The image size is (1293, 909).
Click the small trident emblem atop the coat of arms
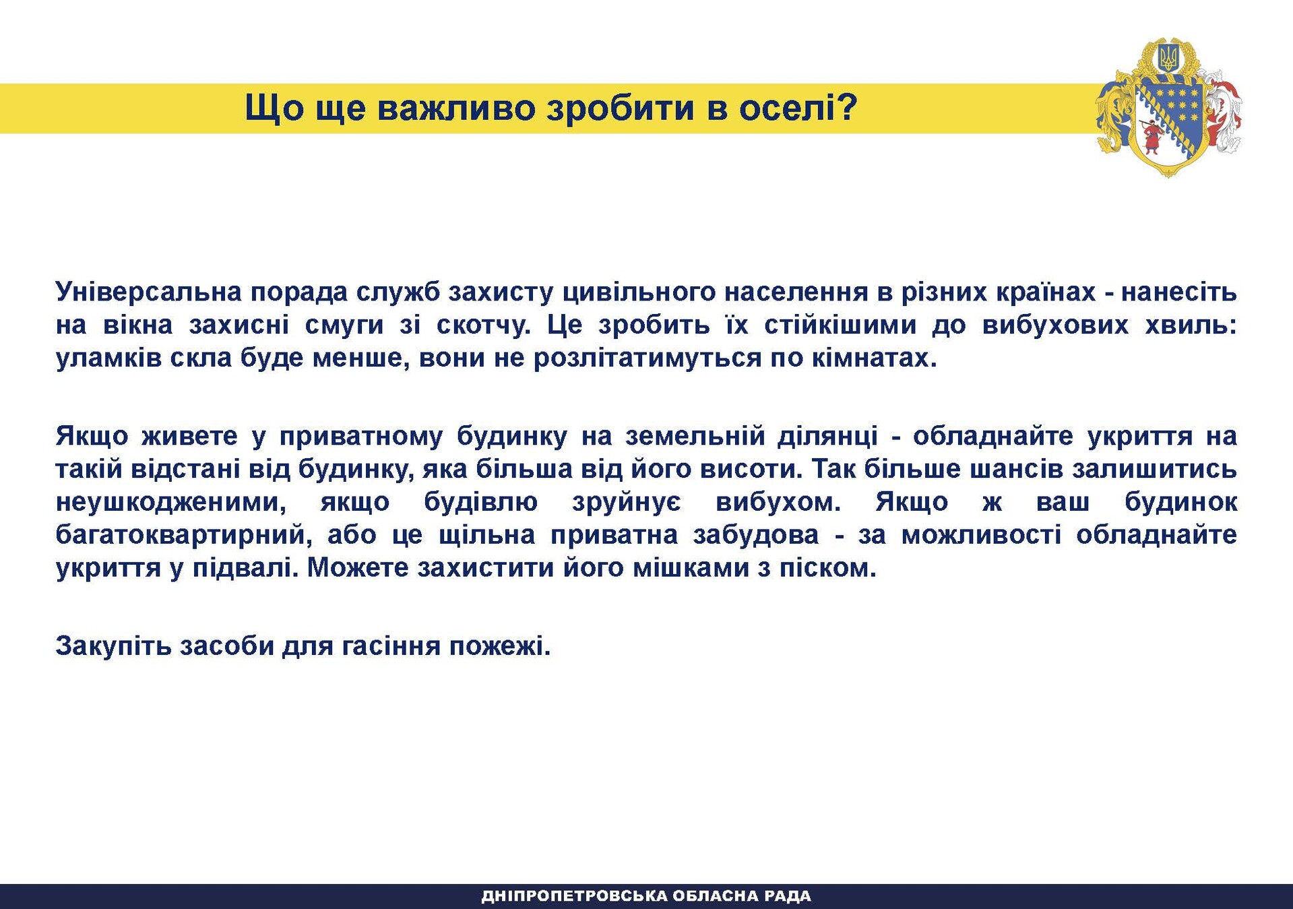(1168, 58)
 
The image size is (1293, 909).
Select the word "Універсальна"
(149, 292)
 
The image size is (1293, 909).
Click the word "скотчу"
(483, 325)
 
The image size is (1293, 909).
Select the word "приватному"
(361, 436)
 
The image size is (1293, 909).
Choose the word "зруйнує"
(627, 502)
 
